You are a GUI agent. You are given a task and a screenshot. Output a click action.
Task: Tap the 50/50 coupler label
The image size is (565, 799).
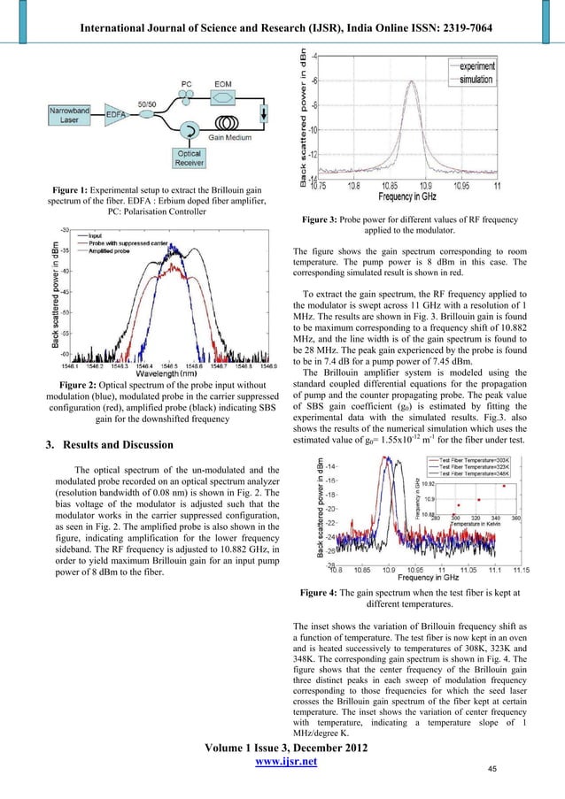[x=143, y=105]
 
